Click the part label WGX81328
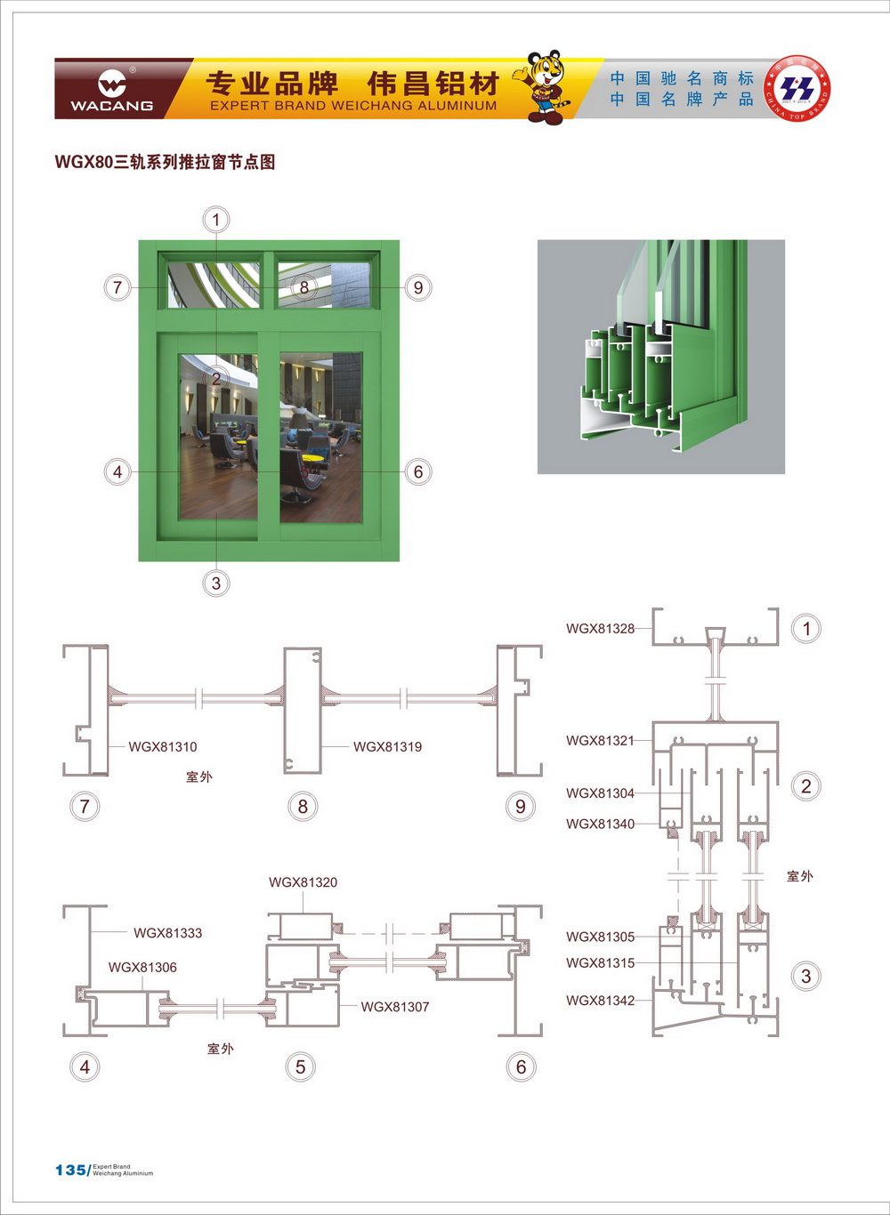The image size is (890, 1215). point(600,629)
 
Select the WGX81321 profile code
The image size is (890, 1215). point(600,741)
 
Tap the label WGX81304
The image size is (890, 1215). point(600,793)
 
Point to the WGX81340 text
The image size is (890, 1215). point(600,825)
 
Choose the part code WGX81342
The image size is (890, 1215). point(600,1001)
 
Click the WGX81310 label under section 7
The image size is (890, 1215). point(163,747)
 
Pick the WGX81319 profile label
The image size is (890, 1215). point(387,747)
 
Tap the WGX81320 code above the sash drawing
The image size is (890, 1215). point(303,882)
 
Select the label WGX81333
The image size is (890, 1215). point(167,933)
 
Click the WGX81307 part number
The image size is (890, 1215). point(395,1007)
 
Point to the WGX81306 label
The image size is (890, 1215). point(142,968)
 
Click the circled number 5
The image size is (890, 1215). point(301,1066)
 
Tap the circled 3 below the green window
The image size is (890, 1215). point(215,583)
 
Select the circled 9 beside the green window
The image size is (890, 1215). point(417,287)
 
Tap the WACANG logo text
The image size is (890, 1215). point(111,106)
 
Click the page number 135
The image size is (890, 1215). point(70,1170)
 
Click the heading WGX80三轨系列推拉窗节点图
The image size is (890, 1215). point(165,162)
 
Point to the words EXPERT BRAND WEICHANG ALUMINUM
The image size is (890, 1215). point(353,106)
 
